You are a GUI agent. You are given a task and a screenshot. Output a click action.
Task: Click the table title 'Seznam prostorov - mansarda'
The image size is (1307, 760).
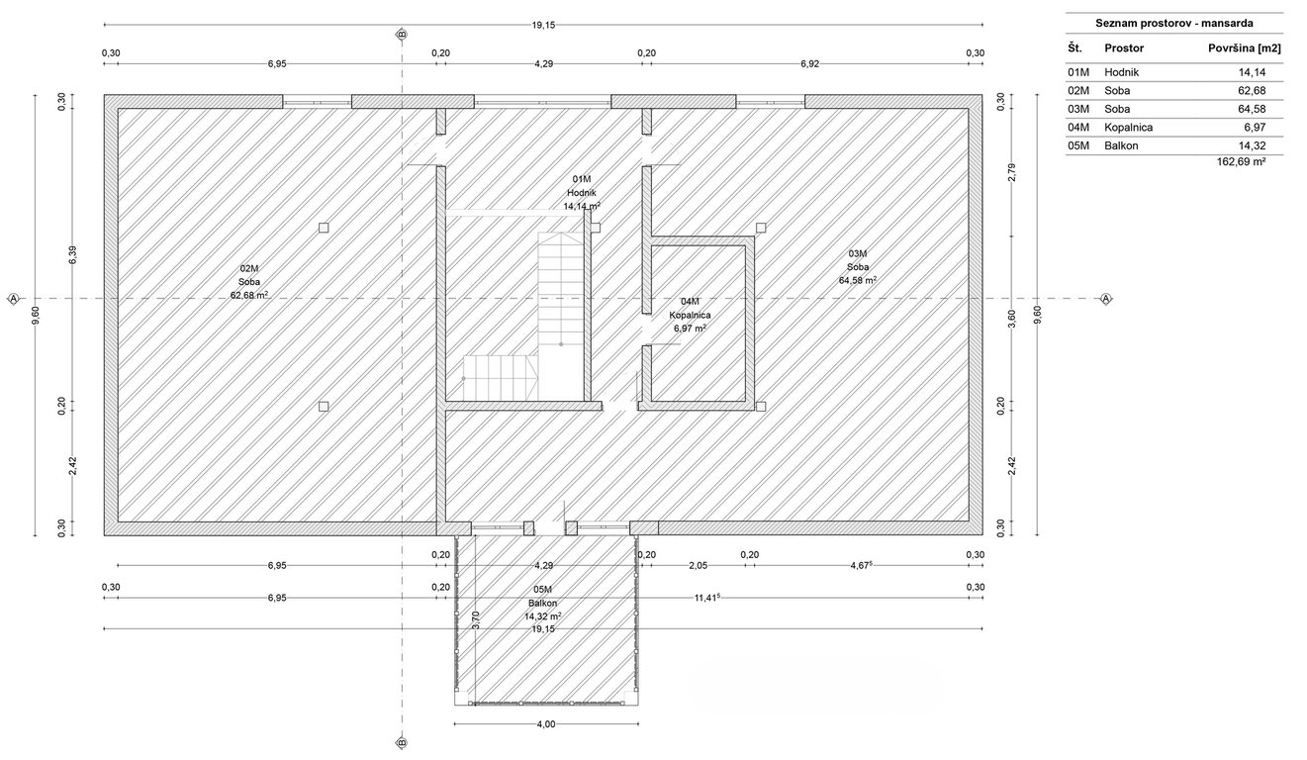(1174, 24)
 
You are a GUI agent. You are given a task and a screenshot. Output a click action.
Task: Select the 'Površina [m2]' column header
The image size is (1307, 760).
(1244, 48)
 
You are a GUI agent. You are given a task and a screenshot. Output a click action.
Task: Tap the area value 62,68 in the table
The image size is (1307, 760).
(1253, 90)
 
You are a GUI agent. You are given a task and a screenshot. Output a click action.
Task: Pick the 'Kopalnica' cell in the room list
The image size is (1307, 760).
(1129, 128)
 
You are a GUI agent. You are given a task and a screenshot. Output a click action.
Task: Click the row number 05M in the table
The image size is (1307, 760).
(1078, 145)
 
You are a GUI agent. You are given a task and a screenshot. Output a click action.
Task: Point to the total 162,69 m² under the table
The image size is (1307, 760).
(1241, 161)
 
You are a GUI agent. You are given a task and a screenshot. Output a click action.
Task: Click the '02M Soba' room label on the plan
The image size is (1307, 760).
(249, 282)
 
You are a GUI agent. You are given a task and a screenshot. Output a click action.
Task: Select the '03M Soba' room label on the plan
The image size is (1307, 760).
(858, 267)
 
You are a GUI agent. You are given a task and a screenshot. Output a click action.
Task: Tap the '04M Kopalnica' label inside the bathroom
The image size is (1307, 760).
(690, 316)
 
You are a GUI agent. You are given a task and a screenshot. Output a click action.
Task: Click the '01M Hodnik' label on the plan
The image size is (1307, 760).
(582, 193)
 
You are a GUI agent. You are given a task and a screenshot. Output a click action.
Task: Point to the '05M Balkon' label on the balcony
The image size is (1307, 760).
(542, 603)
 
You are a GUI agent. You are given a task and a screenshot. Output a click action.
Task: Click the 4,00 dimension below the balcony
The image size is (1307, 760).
(546, 724)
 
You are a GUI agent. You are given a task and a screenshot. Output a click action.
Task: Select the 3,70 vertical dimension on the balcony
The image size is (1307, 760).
(476, 619)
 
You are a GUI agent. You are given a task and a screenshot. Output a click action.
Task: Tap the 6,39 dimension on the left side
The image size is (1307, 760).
(73, 255)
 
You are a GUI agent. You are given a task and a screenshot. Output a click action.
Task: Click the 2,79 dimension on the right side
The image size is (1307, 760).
(1012, 172)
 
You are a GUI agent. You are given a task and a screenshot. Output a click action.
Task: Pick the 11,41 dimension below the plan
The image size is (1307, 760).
(705, 598)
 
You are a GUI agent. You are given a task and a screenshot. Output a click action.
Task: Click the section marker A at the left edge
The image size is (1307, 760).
(14, 299)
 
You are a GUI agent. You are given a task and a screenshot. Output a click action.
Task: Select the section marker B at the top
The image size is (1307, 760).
(402, 35)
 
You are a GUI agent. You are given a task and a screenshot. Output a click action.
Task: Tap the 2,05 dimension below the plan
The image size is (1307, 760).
(698, 566)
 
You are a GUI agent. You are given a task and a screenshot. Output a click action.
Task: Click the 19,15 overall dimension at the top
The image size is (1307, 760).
(543, 25)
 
